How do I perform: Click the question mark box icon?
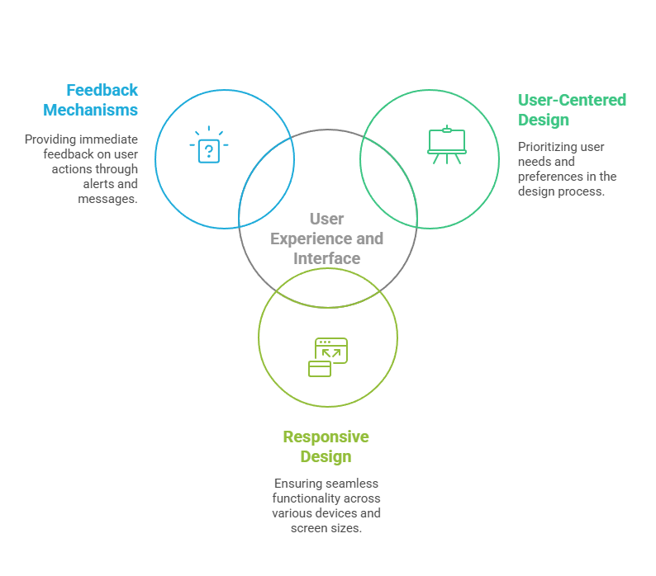[209, 149]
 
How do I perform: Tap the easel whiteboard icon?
[447, 144]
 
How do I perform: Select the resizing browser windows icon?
[328, 357]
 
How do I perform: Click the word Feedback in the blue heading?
[102, 90]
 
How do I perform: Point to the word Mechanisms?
[91, 110]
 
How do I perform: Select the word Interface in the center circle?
[327, 258]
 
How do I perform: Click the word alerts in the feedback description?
[97, 184]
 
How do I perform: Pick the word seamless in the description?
[346, 484]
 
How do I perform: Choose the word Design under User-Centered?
[544, 120]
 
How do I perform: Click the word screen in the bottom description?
[307, 528]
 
